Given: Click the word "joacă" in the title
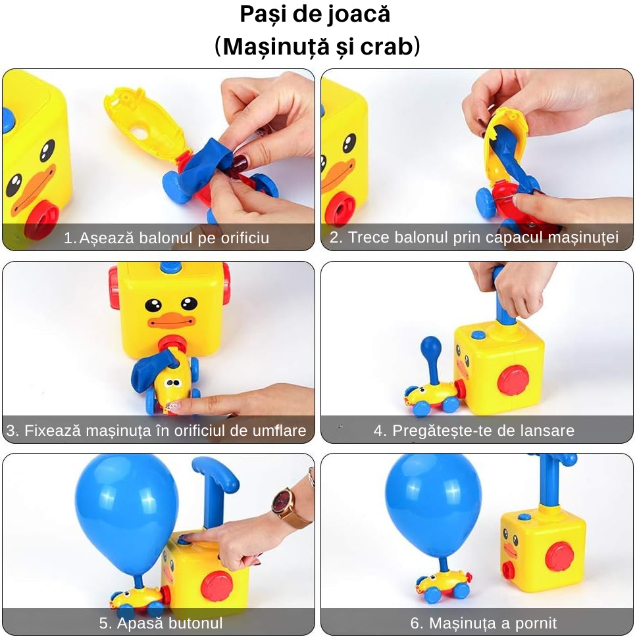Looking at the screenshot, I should click(x=358, y=14).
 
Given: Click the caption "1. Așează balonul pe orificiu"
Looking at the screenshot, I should click(x=166, y=238).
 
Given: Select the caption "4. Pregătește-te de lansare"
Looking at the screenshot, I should click(x=474, y=431).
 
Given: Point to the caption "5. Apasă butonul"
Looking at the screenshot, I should click(x=161, y=623).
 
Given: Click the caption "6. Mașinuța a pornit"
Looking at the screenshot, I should click(x=474, y=623).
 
